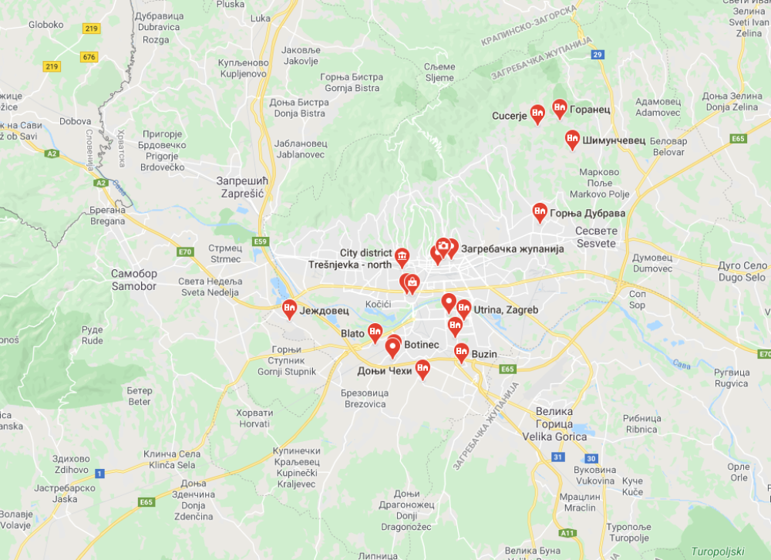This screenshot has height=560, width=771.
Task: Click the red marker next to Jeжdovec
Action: (x=289, y=309)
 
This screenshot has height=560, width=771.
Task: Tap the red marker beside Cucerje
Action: (x=538, y=113)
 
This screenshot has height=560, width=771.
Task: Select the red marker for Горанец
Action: (x=560, y=107)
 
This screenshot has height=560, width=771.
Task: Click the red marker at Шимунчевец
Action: (x=572, y=138)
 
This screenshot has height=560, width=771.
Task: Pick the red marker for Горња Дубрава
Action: (x=540, y=211)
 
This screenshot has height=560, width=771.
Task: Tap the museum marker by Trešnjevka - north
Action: (x=402, y=255)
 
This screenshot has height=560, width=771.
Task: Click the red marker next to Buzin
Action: (x=461, y=352)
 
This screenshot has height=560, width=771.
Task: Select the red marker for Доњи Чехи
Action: (x=423, y=369)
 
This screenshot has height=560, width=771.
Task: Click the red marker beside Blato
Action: (x=375, y=332)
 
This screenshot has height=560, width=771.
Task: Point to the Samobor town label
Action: (x=133, y=280)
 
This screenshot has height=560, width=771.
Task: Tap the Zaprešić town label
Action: (x=241, y=187)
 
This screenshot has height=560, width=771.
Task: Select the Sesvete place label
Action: (x=596, y=237)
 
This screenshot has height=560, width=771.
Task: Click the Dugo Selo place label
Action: (x=742, y=271)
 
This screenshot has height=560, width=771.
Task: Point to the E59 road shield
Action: (x=261, y=241)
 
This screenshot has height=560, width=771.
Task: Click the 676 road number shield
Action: (x=89, y=57)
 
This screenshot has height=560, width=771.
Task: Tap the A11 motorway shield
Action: (x=568, y=532)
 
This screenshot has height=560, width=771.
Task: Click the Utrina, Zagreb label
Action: (x=505, y=309)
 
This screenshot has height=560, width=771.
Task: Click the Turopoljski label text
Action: (x=716, y=551)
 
